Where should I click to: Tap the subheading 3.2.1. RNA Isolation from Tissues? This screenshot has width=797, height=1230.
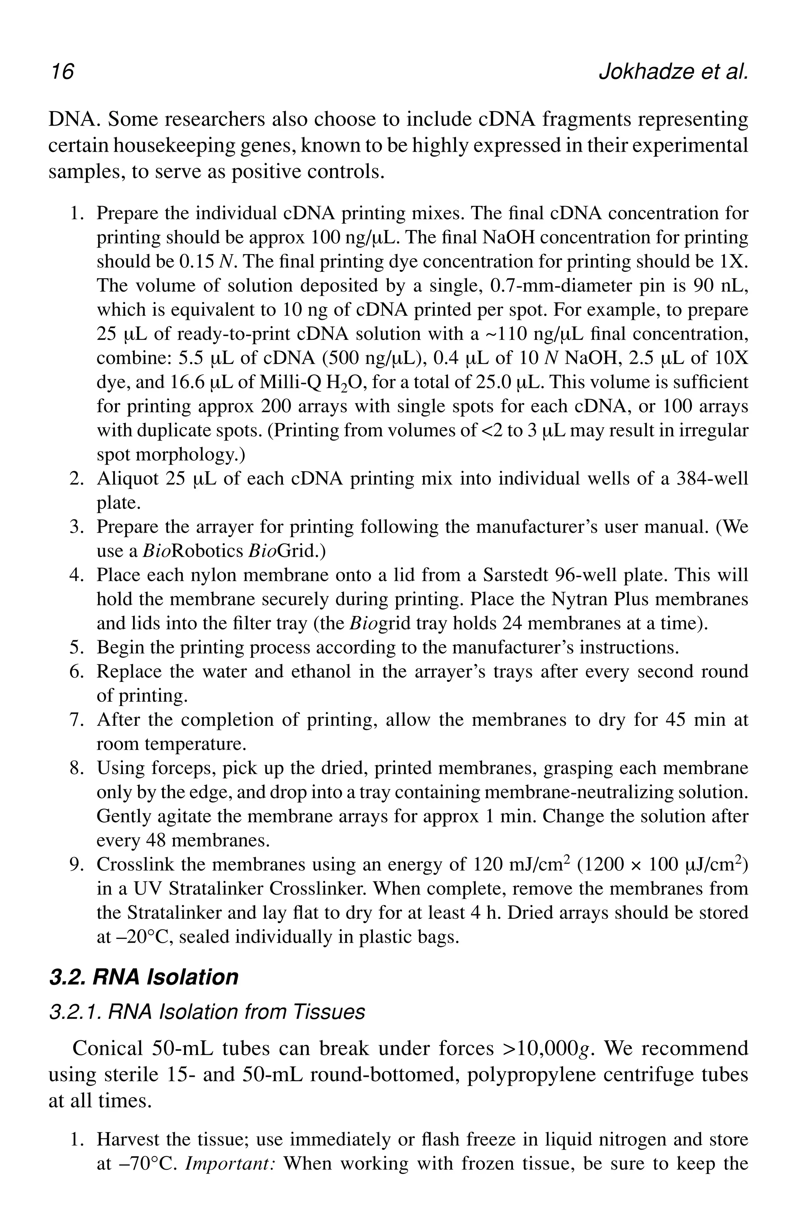pos(207,1012)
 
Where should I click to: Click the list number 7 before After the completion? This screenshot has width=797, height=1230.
pos(74,720)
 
